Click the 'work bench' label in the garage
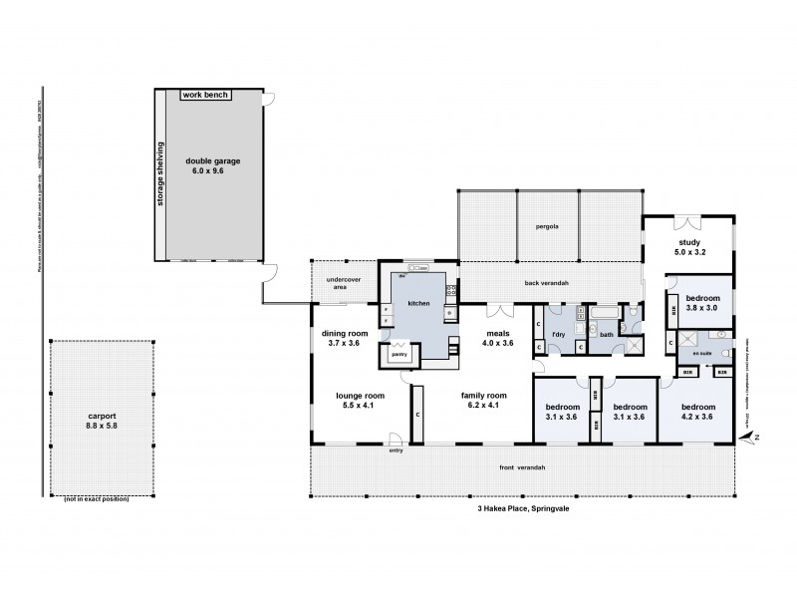205,95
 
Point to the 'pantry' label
399,354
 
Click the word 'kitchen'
418,302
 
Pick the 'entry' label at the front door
397,450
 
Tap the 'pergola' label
546,226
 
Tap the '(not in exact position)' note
97,497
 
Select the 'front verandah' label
521,467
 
